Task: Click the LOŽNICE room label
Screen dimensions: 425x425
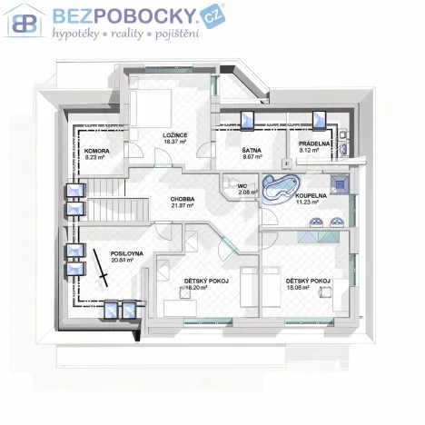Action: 174,134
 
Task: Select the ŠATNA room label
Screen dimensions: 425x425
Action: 252,150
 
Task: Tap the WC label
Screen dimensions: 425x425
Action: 242,185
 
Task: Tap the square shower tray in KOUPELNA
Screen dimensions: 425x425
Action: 340,182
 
